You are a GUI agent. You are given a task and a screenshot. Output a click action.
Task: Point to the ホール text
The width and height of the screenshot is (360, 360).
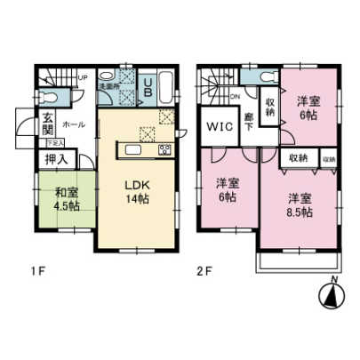(x=74, y=125)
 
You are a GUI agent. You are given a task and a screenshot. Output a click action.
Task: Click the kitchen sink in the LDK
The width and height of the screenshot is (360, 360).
(x=146, y=134)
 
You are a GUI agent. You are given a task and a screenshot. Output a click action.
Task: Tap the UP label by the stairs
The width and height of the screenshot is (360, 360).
(x=83, y=76)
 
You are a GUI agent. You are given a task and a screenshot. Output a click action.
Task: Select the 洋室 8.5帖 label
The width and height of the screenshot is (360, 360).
(x=299, y=204)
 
